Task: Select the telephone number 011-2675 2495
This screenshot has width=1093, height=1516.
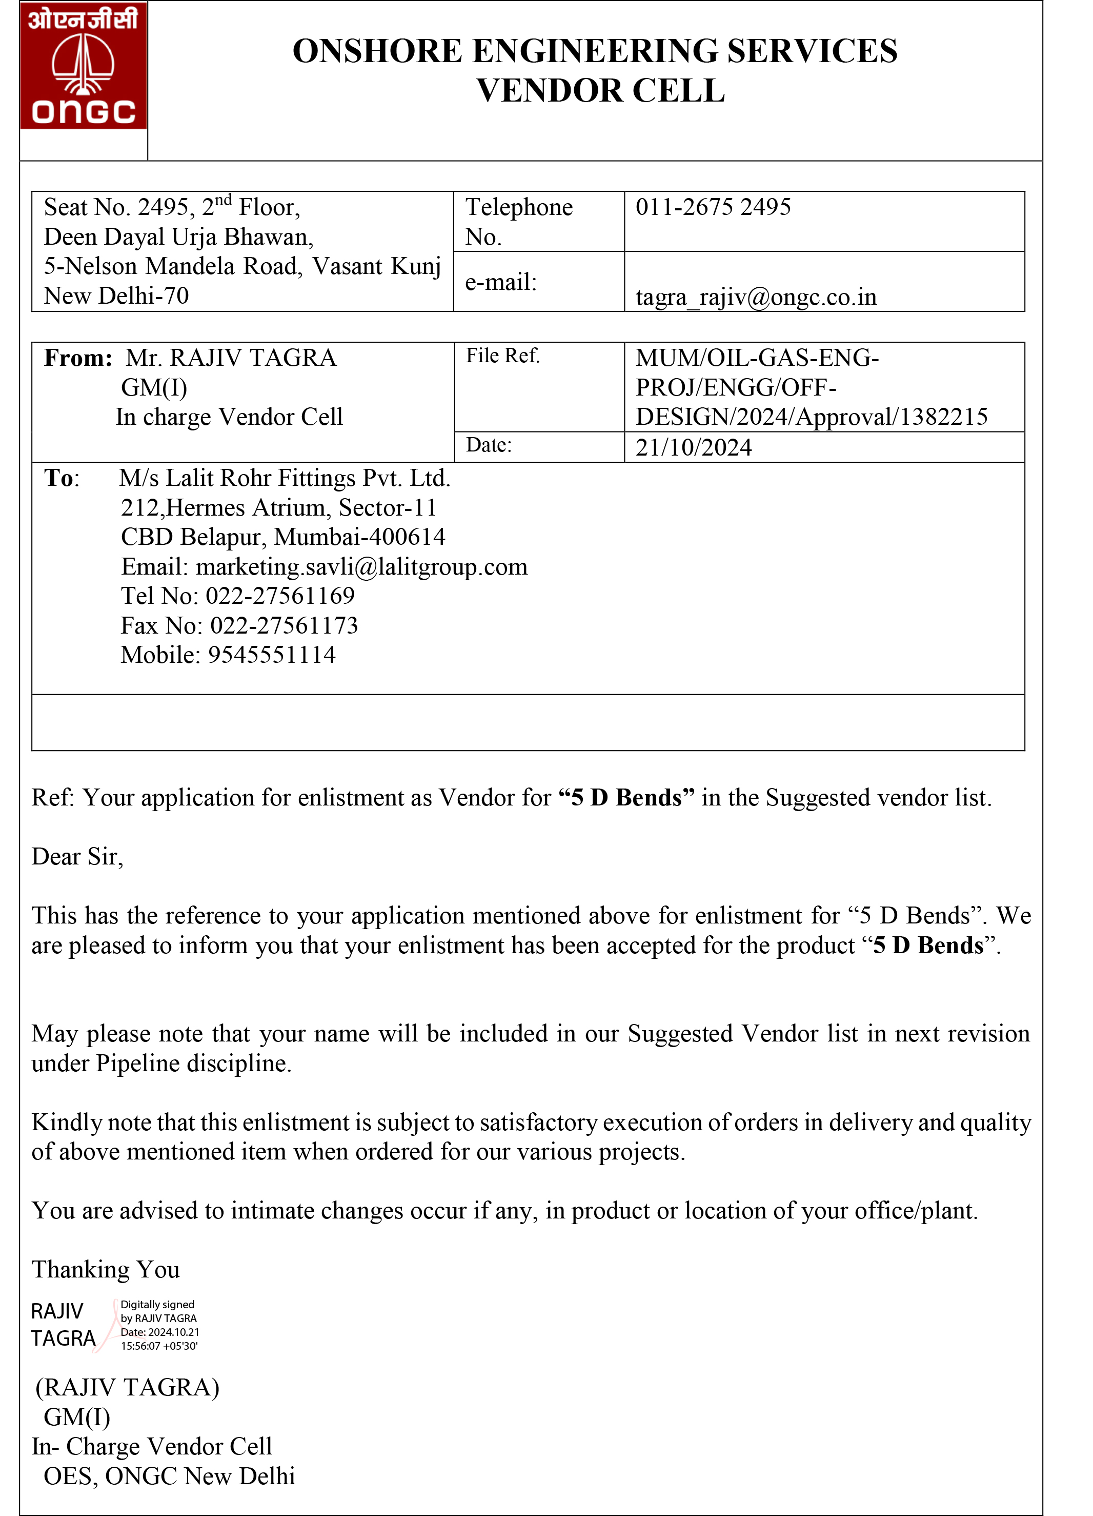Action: point(712,207)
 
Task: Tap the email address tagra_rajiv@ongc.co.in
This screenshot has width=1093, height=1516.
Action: point(756,297)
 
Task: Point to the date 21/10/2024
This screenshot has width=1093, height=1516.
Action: point(694,447)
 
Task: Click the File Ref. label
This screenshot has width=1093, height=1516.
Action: point(502,356)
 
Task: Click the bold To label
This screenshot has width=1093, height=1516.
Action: point(59,478)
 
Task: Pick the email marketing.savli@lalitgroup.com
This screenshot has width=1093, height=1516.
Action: point(361,567)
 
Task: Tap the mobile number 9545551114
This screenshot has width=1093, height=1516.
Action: point(272,655)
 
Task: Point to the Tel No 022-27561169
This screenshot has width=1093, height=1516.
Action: point(280,596)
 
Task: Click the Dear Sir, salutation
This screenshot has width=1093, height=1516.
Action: point(77,857)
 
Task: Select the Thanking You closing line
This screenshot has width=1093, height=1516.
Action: point(106,1269)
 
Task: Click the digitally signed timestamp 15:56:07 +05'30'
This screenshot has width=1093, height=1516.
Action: point(159,1346)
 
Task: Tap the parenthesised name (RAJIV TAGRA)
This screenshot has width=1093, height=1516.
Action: point(128,1387)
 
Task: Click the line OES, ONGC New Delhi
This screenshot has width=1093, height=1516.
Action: point(169,1476)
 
